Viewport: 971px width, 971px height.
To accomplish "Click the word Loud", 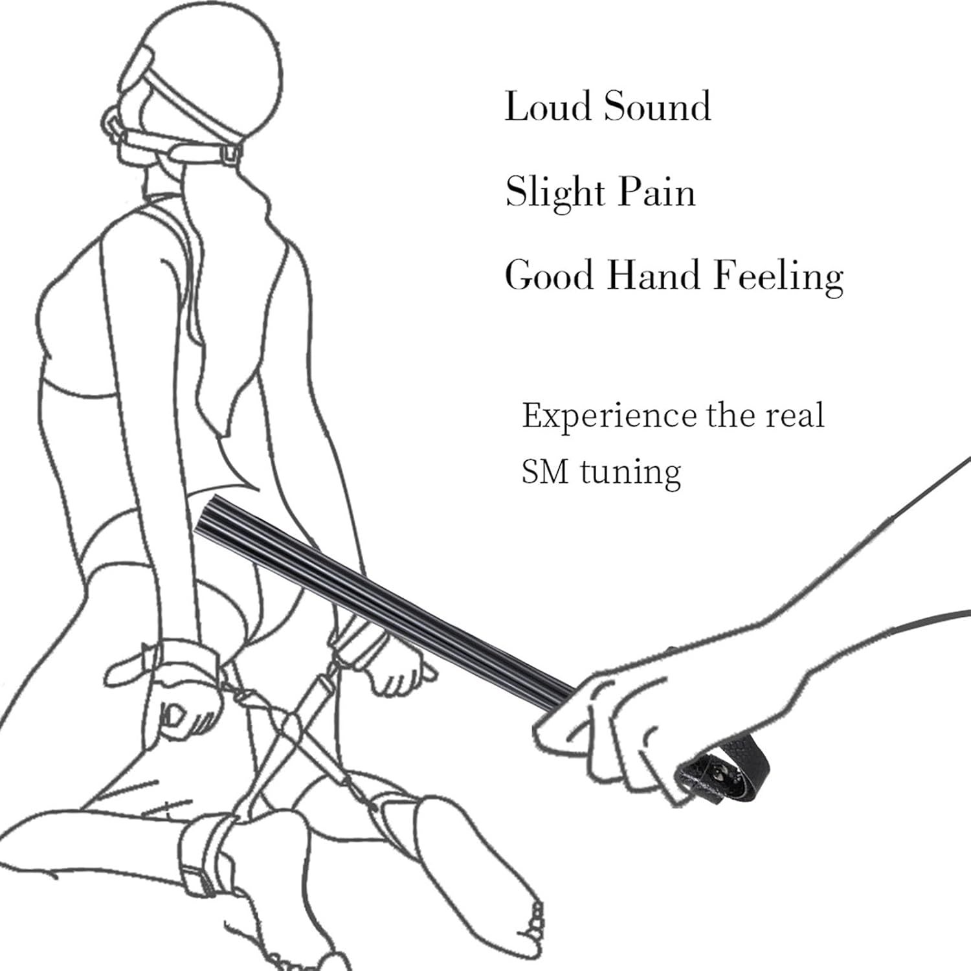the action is [x=547, y=106].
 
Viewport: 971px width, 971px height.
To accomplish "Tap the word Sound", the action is [x=657, y=106].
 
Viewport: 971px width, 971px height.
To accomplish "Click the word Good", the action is [x=548, y=275].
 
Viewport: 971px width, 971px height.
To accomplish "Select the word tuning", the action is [x=630, y=473].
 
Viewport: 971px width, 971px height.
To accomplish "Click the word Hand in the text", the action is [x=653, y=275].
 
